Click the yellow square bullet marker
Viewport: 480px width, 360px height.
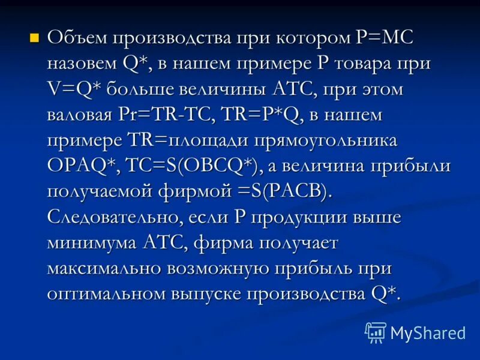pyautogui.click(x=34, y=38)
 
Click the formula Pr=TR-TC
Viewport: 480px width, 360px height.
pyautogui.click(x=172, y=115)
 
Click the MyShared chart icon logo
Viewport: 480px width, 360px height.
pyautogui.click(x=376, y=332)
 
